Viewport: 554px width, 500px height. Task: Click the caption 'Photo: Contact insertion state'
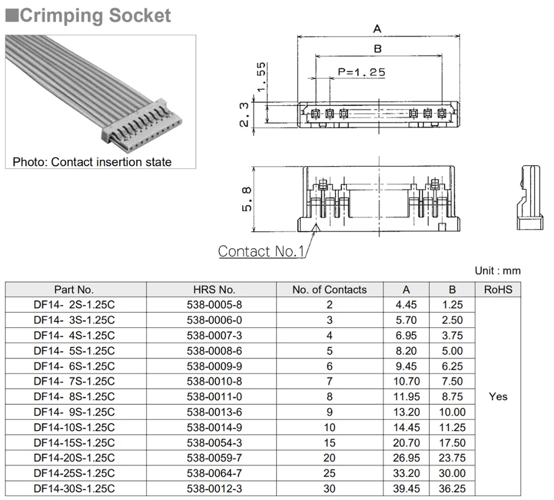(x=92, y=162)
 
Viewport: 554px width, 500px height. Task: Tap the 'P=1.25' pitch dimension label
(x=361, y=72)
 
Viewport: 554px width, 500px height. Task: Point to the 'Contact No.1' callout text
(x=261, y=251)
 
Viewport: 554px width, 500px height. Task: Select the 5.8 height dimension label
(x=247, y=199)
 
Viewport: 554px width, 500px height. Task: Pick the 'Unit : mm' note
(x=497, y=271)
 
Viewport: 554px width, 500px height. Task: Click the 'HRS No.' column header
(x=214, y=290)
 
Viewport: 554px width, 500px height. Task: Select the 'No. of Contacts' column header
(x=329, y=290)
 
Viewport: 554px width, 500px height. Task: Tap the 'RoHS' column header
(x=498, y=290)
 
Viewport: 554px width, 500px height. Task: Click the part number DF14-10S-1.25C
(x=74, y=427)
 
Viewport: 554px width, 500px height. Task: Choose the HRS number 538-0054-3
(x=214, y=443)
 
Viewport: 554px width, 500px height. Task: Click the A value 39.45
(x=406, y=489)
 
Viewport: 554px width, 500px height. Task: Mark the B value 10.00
(x=452, y=412)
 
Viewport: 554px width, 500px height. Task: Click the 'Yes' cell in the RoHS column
(x=498, y=397)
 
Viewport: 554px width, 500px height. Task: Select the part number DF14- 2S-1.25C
(x=74, y=305)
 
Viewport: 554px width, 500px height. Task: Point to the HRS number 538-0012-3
(x=214, y=489)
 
